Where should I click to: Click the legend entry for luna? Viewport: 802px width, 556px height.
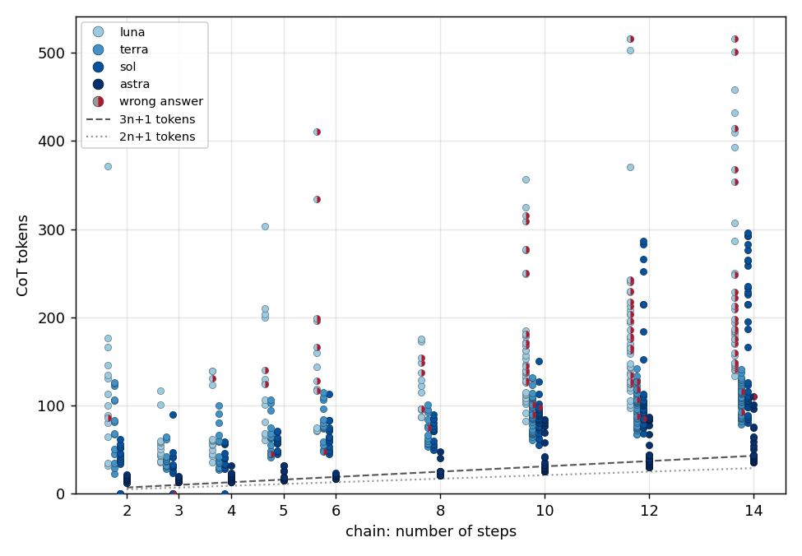tap(118, 32)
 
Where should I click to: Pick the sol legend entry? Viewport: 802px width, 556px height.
tap(114, 67)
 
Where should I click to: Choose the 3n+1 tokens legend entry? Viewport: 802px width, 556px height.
tap(141, 119)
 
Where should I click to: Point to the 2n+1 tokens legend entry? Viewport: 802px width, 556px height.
tap(141, 137)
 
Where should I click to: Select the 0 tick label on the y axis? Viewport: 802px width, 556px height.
tap(60, 494)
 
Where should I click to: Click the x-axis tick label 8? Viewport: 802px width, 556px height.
tap(440, 511)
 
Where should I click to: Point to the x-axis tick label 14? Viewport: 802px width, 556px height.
tap(753, 511)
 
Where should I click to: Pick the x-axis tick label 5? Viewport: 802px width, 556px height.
tap(284, 511)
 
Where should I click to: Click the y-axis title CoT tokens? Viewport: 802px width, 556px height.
tap(22, 256)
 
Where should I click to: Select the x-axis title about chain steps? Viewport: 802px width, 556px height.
tap(431, 531)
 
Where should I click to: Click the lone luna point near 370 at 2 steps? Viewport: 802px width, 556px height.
tap(108, 167)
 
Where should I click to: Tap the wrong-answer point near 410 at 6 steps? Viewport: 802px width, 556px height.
tap(318, 132)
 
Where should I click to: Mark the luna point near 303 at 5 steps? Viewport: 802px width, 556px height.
tap(265, 226)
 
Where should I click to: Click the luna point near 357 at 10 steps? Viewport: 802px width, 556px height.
tap(526, 179)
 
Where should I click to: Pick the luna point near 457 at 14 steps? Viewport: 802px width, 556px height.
tap(735, 90)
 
